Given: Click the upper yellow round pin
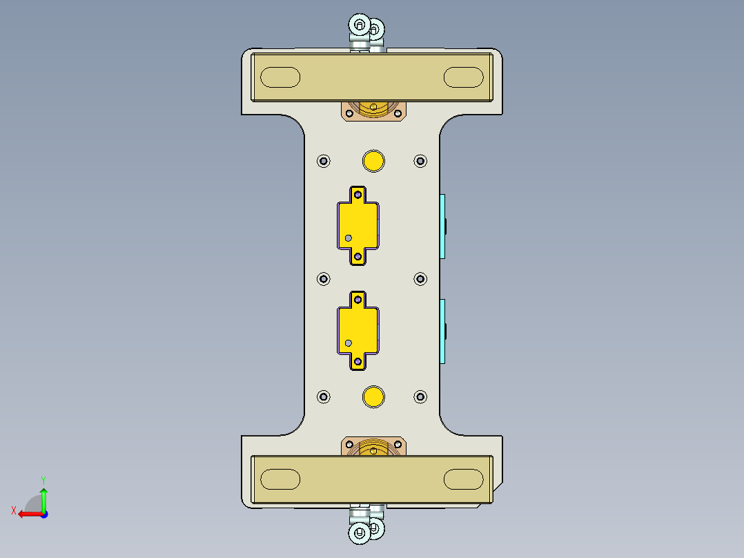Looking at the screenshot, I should (x=373, y=160).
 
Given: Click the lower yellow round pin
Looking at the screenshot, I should (x=373, y=396).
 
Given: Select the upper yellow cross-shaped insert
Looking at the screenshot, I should (x=358, y=225).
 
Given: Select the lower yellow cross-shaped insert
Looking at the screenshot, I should (x=358, y=330).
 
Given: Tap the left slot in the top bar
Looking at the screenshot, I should (x=280, y=77).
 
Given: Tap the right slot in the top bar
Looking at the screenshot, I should (x=463, y=77).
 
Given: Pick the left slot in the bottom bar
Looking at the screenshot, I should (x=280, y=479).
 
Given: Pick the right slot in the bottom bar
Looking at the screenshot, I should (x=463, y=479).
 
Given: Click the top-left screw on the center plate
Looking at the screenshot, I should (x=324, y=161).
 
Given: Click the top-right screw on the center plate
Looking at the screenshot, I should (x=420, y=161).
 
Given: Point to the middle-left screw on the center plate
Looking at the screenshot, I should (x=324, y=278).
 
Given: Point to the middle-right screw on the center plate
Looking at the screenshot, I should (x=420, y=278).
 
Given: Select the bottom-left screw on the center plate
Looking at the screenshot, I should (x=324, y=396).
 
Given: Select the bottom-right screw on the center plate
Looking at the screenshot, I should (x=420, y=396).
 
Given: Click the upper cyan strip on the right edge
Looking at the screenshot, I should (x=442, y=226).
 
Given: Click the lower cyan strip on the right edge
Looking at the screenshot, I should (x=442, y=331).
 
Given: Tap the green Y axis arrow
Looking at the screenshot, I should (x=43, y=497).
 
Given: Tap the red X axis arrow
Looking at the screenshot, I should (x=28, y=513).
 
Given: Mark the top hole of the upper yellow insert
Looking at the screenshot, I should (x=358, y=195).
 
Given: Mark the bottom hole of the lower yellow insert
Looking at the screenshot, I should (x=358, y=361).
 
